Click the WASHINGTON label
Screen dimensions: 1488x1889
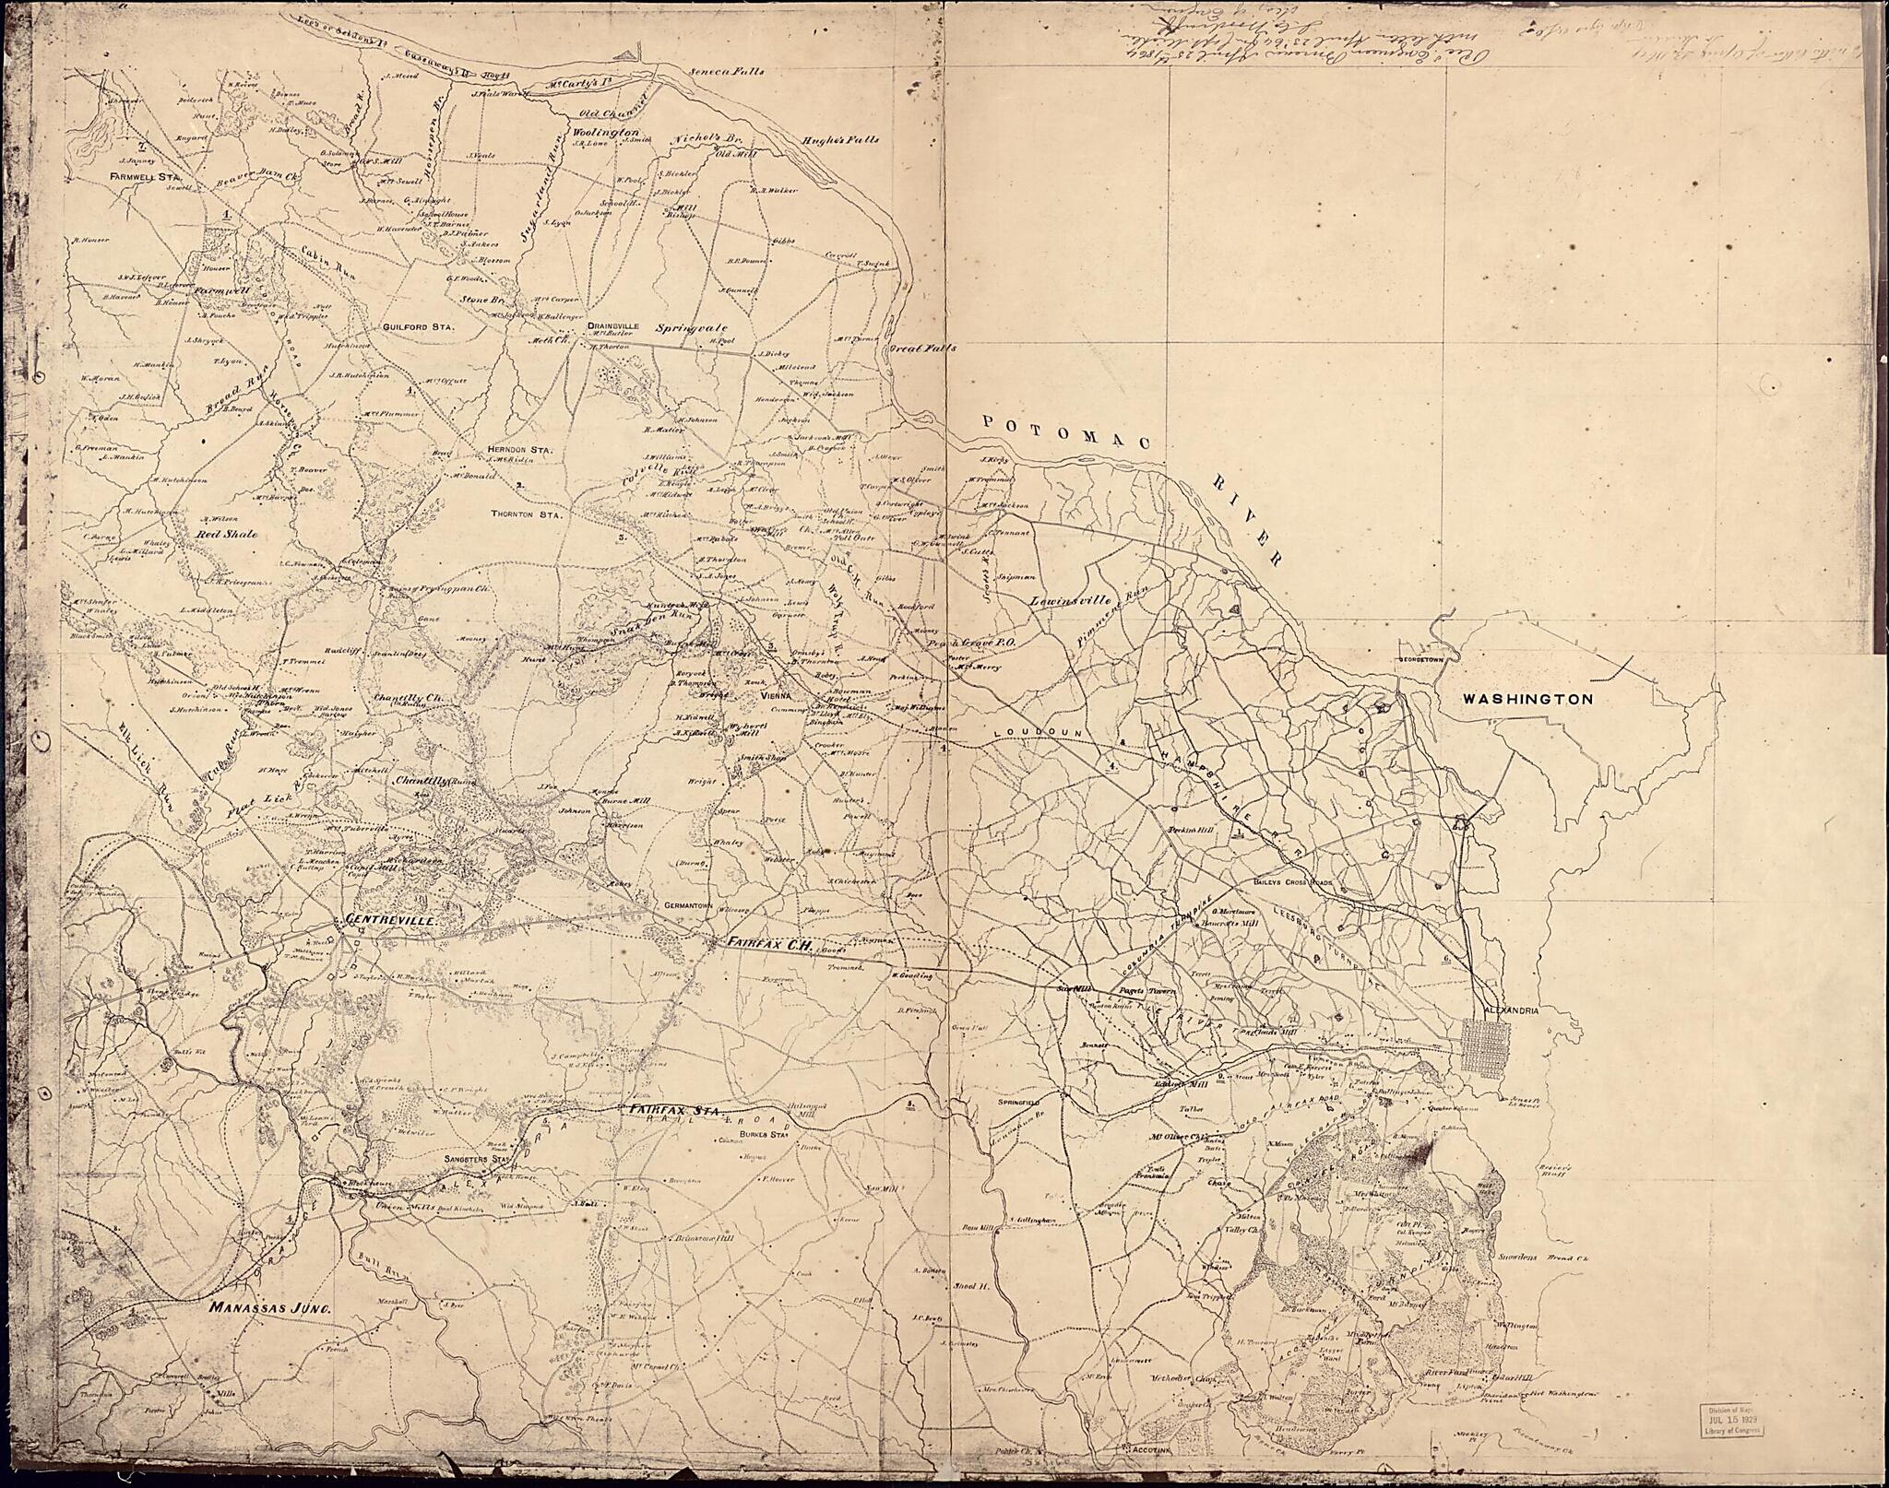pos(1527,700)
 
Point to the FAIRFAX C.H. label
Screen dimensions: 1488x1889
pos(768,943)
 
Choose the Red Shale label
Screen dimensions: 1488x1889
pos(226,534)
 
